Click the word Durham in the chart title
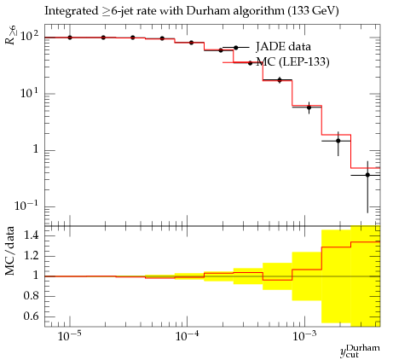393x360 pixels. click(206, 11)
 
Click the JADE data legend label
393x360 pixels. click(283, 46)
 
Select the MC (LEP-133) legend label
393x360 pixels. click(292, 61)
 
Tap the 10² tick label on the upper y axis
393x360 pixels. click(28, 37)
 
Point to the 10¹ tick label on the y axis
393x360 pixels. click(28, 93)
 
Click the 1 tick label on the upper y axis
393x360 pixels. click(35, 149)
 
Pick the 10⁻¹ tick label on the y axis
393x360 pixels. click(26, 206)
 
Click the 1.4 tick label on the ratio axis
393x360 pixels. click(31, 235)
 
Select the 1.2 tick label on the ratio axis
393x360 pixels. click(31, 255)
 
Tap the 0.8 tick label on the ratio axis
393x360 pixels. click(31, 296)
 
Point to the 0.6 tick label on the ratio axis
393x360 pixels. click(31, 316)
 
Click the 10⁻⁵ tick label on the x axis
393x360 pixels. click(68, 336)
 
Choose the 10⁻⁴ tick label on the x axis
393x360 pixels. click(186, 336)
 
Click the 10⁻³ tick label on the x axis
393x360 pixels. click(303, 336)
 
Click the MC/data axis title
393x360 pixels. click(9, 251)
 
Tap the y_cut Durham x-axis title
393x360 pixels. click(360, 351)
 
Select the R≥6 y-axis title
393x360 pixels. click(11, 34)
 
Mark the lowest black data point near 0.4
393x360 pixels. click(367, 175)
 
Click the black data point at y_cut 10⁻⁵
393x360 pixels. click(70, 38)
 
